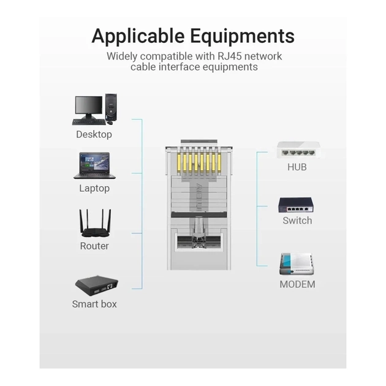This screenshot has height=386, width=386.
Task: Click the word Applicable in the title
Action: pyautogui.click(x=138, y=36)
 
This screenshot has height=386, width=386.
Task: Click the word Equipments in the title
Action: pyautogui.click(x=242, y=36)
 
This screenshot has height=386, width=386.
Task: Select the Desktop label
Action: pyautogui.click(x=94, y=134)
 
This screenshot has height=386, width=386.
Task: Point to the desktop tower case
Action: pyautogui.click(x=111, y=107)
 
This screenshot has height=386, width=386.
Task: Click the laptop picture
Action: pyautogui.click(x=94, y=165)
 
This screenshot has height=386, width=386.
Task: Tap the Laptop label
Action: pyautogui.click(x=94, y=189)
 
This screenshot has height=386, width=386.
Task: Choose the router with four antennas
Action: pyautogui.click(x=95, y=223)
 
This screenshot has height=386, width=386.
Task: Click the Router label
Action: pyautogui.click(x=94, y=246)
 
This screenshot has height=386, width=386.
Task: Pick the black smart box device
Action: pyautogui.click(x=97, y=286)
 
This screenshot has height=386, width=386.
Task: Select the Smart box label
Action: pyautogui.click(x=94, y=304)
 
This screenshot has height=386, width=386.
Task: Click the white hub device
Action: pyautogui.click(x=298, y=149)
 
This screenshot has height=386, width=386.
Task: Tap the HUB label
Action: pyautogui.click(x=297, y=167)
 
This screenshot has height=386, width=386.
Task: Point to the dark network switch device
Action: pyautogui.click(x=296, y=205)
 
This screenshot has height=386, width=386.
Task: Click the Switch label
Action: pyautogui.click(x=297, y=221)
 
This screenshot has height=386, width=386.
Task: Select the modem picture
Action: pyautogui.click(x=297, y=264)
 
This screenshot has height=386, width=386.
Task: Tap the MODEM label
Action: pyautogui.click(x=297, y=284)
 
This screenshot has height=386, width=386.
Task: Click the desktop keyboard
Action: pyautogui.click(x=89, y=122)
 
